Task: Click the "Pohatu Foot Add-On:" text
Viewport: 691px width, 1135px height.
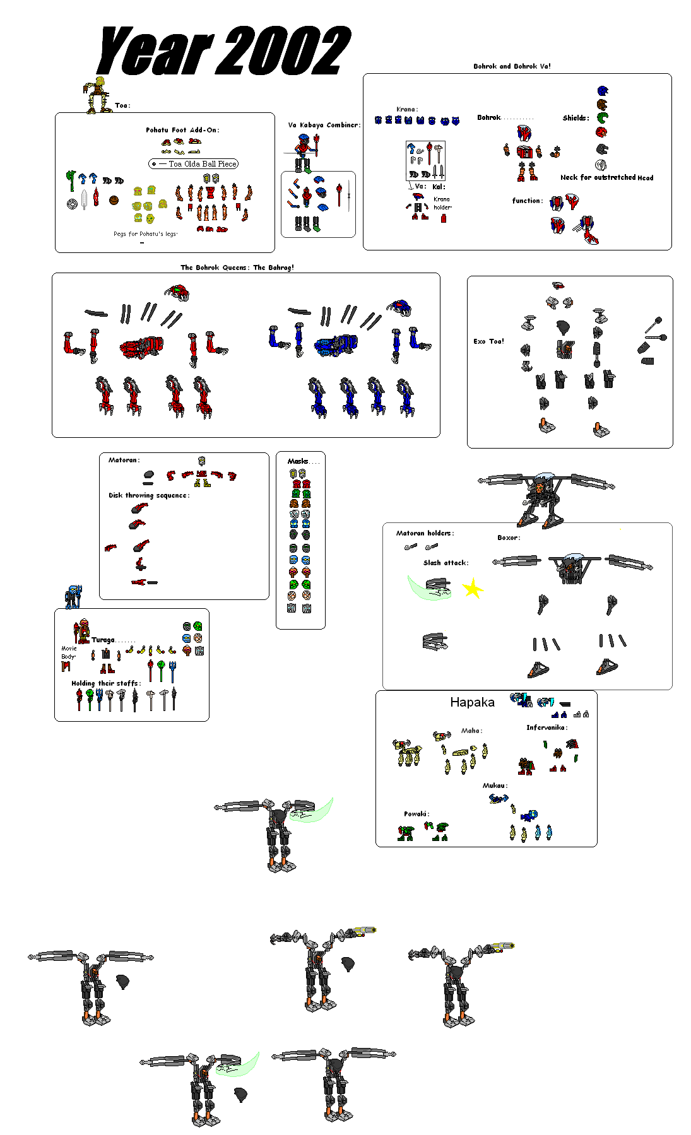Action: [182, 130]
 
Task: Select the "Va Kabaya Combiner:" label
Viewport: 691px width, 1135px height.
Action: [324, 125]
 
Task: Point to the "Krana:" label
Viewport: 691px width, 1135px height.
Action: [406, 109]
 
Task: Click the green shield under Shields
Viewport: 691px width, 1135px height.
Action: [603, 117]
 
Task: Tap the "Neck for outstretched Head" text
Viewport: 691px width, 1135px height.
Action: [606, 178]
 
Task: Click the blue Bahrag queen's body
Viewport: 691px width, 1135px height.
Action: [336, 345]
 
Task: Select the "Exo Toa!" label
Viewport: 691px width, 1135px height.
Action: [488, 341]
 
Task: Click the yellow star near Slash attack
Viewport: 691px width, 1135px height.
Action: [472, 590]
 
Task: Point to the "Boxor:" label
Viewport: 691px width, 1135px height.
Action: [509, 538]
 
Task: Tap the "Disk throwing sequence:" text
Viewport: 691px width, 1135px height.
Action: [148, 495]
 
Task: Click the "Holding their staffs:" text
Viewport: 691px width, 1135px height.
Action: [105, 683]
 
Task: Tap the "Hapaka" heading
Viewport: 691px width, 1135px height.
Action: [472, 702]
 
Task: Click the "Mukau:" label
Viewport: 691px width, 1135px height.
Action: [495, 785]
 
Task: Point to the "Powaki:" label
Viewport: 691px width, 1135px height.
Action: [416, 814]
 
